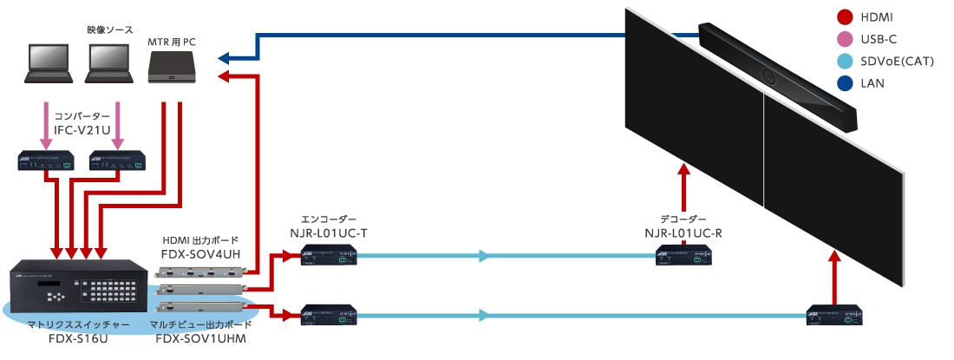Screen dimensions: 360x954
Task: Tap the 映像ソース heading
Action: tap(110, 29)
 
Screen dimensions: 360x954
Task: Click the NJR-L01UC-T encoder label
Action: tap(329, 232)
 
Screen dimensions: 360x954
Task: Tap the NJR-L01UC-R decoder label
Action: tap(683, 232)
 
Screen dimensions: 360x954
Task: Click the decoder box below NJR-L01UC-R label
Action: tap(683, 255)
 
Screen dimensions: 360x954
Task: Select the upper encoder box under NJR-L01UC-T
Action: tap(329, 255)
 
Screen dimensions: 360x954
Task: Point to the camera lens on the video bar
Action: tap(768, 74)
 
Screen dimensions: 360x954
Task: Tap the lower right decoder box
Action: tap(837, 316)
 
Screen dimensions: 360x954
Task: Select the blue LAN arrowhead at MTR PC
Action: tap(224, 58)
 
